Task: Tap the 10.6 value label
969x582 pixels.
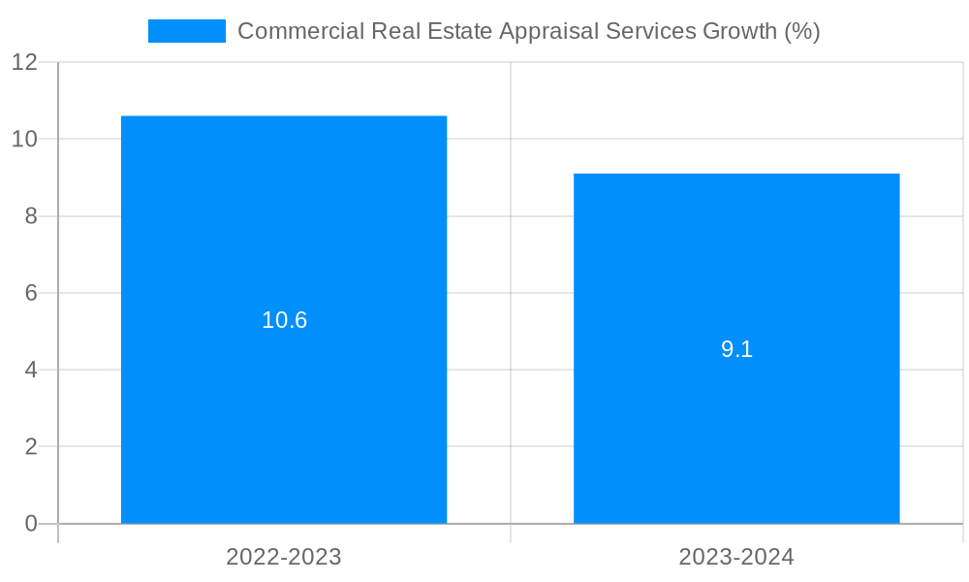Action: pyautogui.click(x=284, y=320)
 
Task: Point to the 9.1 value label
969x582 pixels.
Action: pyautogui.click(x=736, y=349)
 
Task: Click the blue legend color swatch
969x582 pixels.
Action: pyautogui.click(x=186, y=31)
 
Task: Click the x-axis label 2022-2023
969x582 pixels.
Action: pyautogui.click(x=284, y=557)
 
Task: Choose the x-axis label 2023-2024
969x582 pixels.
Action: pyautogui.click(x=736, y=557)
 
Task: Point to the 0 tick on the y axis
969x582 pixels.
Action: pyautogui.click(x=30, y=524)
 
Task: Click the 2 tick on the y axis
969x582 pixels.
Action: pyautogui.click(x=30, y=447)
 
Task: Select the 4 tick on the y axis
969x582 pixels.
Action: pyautogui.click(x=30, y=370)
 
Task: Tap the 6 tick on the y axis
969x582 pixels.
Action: pyautogui.click(x=30, y=293)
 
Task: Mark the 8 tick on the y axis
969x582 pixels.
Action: pyautogui.click(x=30, y=216)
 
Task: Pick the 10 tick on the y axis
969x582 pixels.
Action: pyautogui.click(x=24, y=139)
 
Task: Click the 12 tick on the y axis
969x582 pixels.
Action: pyautogui.click(x=24, y=62)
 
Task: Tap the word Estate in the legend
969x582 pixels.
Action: pyautogui.click(x=456, y=31)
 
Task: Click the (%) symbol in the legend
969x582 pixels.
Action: pyautogui.click(x=801, y=31)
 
